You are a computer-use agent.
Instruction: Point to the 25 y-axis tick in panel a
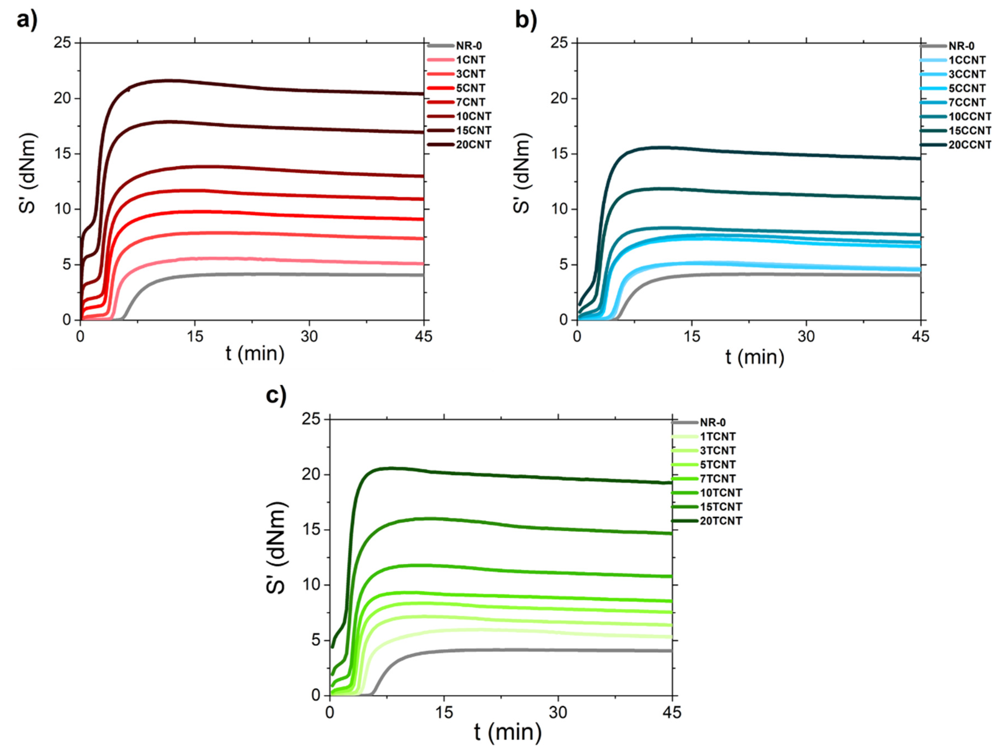pyautogui.click(x=63, y=43)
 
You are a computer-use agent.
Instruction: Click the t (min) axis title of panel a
pyautogui.click(x=255, y=354)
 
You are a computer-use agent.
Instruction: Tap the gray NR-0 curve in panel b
pyautogui.click(x=773, y=274)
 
